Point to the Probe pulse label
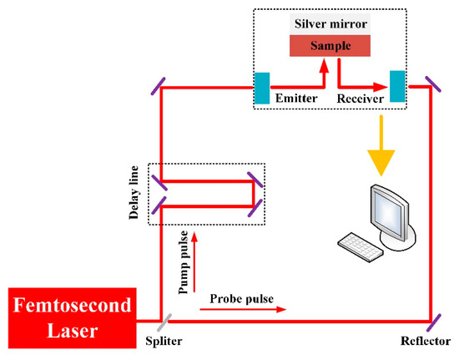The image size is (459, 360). [x=242, y=298]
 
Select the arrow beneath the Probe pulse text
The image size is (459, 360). [x=242, y=309]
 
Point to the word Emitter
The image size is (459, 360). [x=296, y=97]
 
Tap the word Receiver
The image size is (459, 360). [x=361, y=97]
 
